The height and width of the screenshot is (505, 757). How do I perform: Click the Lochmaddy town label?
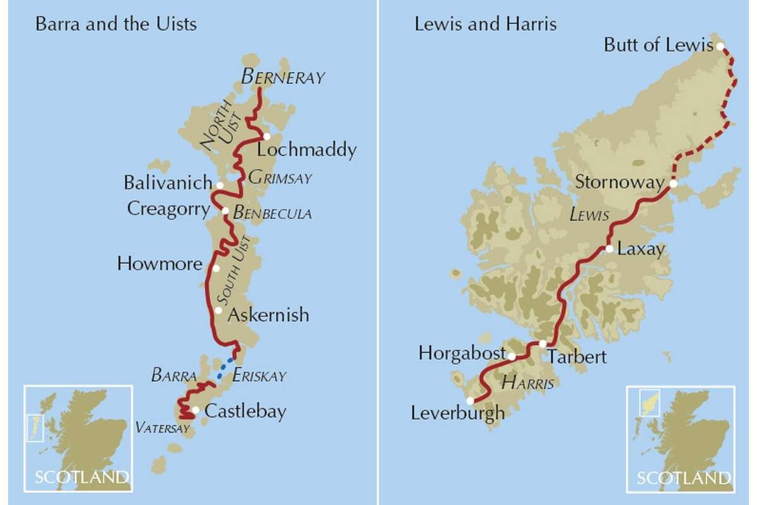click(307, 150)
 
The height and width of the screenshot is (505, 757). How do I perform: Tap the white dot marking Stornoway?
click(673, 184)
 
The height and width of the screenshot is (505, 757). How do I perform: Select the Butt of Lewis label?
click(658, 45)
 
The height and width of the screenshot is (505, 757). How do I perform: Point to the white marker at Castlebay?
click(196, 410)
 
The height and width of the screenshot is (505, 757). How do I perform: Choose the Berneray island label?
click(283, 78)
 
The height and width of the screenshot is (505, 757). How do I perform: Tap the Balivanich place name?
click(168, 184)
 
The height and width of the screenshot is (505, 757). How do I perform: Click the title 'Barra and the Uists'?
click(116, 25)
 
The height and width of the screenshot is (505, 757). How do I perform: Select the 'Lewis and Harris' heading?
click(485, 25)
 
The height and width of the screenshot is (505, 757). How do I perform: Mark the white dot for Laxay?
click(609, 249)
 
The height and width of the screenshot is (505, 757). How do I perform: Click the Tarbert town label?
click(577, 357)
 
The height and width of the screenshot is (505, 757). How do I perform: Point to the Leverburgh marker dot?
click(470, 400)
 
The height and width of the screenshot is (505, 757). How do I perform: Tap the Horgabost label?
click(462, 353)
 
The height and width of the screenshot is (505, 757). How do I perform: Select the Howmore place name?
click(160, 263)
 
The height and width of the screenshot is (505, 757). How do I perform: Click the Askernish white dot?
click(218, 311)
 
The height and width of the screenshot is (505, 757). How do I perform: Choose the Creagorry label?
click(168, 208)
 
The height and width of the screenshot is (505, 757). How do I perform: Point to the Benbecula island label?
click(272, 213)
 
